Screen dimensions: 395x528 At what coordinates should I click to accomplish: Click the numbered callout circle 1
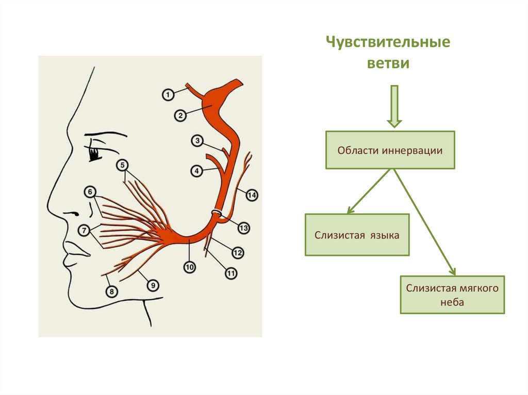point(167,95)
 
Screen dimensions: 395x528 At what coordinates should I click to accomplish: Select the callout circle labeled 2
point(180,116)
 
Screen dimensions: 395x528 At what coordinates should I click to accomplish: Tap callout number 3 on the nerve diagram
point(196,140)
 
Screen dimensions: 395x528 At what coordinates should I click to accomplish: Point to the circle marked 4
point(196,170)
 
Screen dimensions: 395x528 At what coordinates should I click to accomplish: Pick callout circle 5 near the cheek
point(122,165)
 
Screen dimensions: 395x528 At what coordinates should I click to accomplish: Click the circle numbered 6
point(90,193)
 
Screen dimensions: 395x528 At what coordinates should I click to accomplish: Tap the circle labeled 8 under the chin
point(111,291)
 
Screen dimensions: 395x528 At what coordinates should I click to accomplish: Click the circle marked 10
point(190,267)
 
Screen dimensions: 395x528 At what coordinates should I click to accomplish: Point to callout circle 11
point(231,273)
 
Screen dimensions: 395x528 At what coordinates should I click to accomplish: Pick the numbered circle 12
point(238,253)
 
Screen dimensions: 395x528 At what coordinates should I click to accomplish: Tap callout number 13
point(243,228)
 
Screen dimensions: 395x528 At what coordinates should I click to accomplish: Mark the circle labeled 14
point(252,195)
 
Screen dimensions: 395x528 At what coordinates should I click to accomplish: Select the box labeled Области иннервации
point(390,150)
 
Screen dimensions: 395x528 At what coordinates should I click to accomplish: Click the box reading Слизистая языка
point(357,235)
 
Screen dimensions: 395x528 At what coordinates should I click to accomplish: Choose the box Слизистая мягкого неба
point(452,295)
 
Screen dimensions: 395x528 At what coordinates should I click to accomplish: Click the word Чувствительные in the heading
point(388,43)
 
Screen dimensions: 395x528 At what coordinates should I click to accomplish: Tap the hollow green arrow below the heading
point(394,106)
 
